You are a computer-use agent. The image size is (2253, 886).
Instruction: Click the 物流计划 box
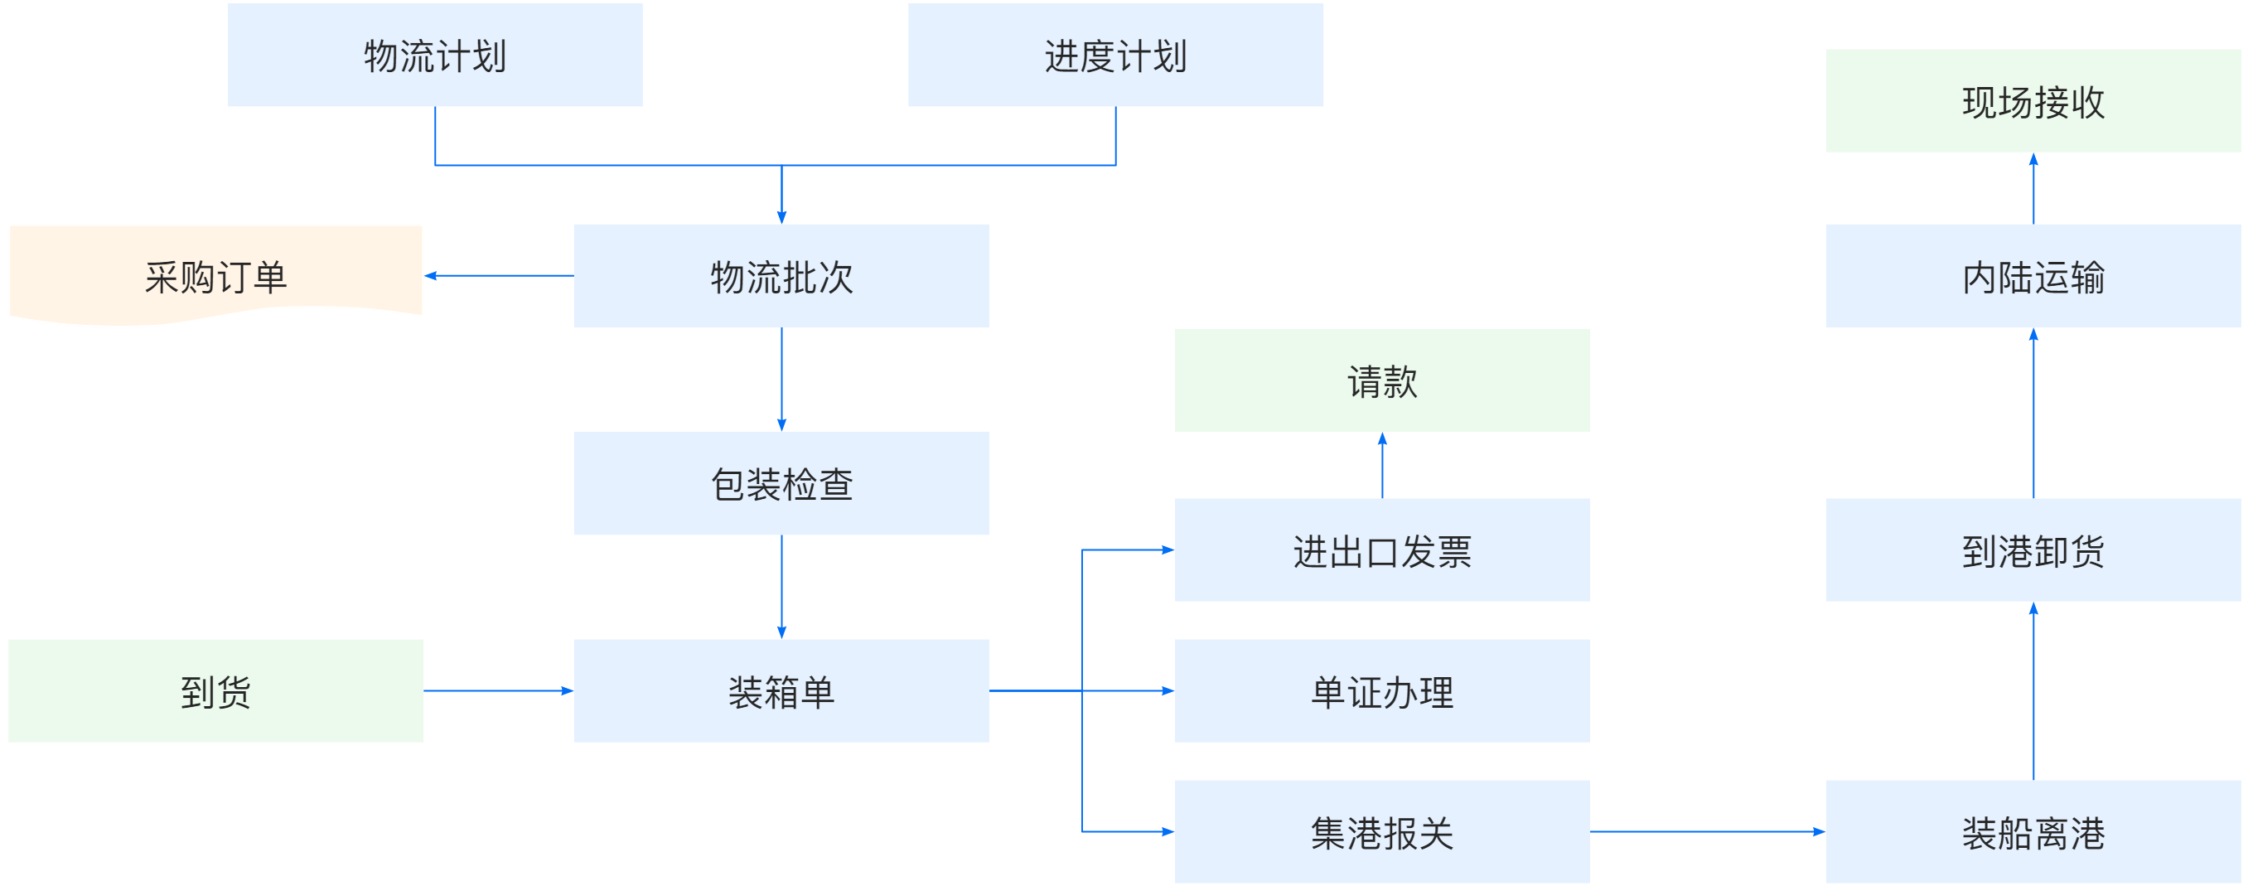435,55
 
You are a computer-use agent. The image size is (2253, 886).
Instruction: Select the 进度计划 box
1115,55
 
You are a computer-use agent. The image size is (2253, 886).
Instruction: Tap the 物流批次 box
781,275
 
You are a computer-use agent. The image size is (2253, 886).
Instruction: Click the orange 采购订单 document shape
216,274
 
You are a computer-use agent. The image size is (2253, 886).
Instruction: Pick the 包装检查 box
781,483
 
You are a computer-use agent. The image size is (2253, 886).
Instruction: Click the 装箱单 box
781,691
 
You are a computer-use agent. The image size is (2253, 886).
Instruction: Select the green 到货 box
216,691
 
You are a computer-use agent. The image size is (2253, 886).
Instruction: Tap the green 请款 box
1381,380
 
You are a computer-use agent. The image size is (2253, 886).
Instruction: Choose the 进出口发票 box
1381,550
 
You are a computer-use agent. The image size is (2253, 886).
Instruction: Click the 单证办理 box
1381,691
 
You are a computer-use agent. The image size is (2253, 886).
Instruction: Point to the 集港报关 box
1381,832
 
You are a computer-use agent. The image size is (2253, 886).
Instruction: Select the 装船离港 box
2033,832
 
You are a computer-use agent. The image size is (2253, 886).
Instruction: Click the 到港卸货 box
2033,550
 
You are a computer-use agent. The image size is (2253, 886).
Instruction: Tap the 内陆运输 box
2033,275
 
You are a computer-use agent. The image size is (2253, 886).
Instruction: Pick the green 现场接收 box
2033,100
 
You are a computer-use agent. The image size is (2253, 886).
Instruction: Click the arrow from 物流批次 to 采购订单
500,275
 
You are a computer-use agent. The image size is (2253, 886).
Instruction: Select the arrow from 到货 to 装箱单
499,691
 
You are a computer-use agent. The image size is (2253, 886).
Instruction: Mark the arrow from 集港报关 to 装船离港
1706,832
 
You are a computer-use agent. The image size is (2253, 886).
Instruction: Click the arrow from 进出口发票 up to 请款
1382,465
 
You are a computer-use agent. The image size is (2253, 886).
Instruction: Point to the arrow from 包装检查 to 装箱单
781,587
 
